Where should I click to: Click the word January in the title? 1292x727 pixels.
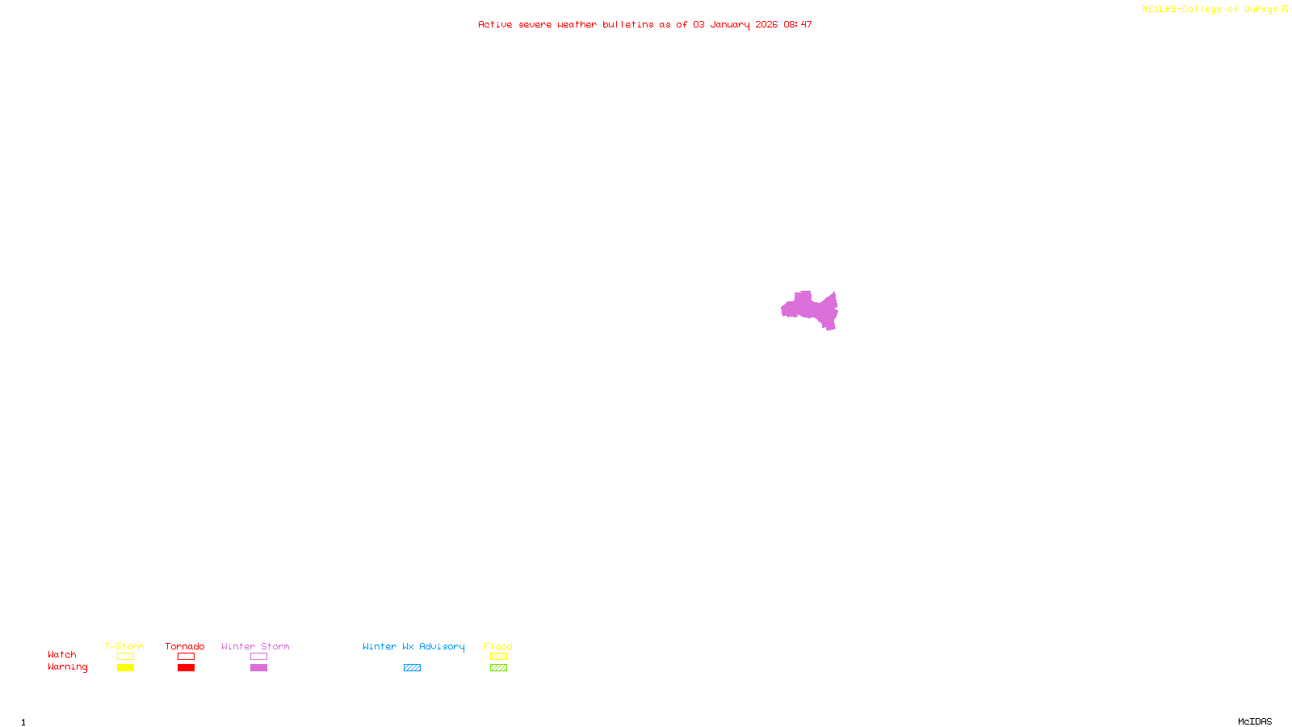click(x=729, y=24)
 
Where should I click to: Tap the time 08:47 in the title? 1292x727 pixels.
click(x=798, y=24)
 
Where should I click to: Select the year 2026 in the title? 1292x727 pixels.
click(x=766, y=24)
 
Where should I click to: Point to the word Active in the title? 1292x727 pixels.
click(x=495, y=24)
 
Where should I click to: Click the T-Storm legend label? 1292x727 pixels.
click(x=124, y=646)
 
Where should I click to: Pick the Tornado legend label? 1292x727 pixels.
click(x=185, y=646)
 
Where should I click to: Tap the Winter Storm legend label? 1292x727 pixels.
click(x=255, y=646)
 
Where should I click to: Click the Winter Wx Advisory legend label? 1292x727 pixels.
click(x=413, y=646)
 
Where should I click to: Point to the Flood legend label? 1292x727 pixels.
click(x=498, y=646)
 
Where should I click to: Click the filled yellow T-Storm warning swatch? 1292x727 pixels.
click(x=125, y=668)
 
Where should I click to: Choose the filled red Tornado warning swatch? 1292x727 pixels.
click(x=186, y=668)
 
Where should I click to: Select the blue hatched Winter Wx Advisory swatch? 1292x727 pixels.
click(x=412, y=668)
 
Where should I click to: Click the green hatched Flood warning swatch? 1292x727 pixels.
click(x=498, y=668)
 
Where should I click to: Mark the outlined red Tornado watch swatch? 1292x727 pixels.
click(x=186, y=657)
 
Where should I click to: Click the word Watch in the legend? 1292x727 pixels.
click(x=62, y=654)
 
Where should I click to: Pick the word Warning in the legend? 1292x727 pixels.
click(x=67, y=667)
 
